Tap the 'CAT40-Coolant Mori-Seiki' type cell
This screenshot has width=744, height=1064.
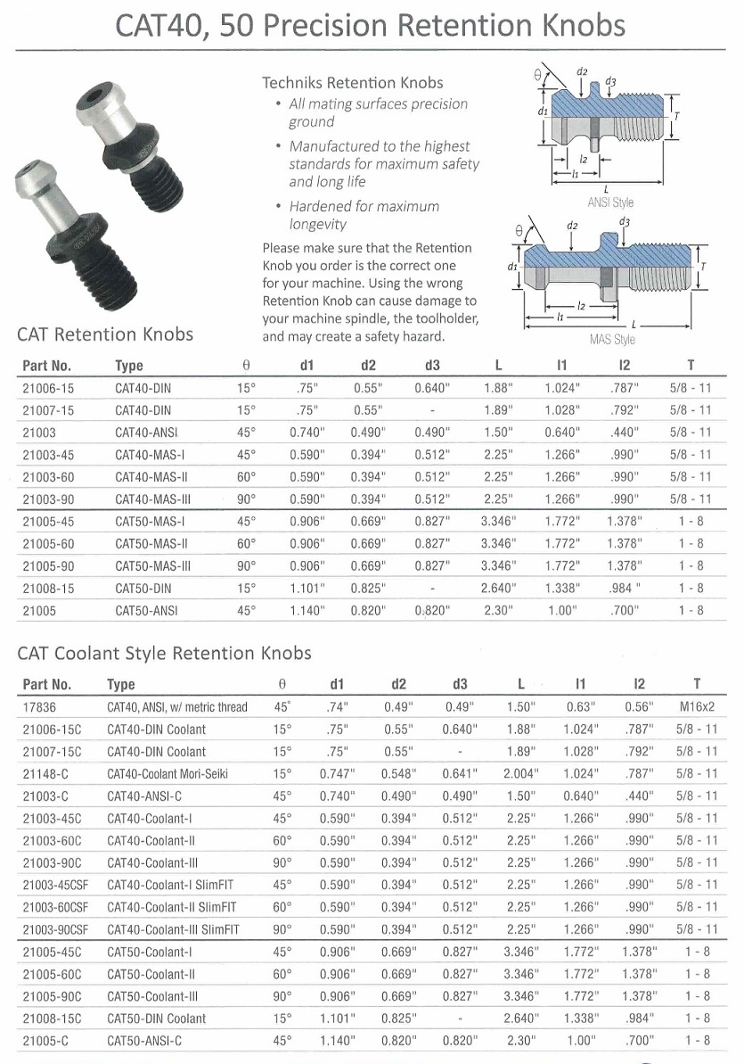point(169,774)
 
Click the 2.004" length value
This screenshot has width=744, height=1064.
point(521,774)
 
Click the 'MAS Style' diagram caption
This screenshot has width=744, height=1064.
point(612,340)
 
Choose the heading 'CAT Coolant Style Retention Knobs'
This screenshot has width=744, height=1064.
point(165,654)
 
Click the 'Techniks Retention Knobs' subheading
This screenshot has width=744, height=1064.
point(352,82)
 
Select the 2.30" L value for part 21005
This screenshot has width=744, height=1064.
point(499,610)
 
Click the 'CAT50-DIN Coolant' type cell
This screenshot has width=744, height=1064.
point(156,1019)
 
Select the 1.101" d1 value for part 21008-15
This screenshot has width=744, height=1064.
point(307,588)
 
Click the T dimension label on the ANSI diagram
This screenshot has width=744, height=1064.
point(678,117)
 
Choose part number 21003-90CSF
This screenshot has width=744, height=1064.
point(53,929)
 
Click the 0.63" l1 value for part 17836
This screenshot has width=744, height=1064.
point(580,707)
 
